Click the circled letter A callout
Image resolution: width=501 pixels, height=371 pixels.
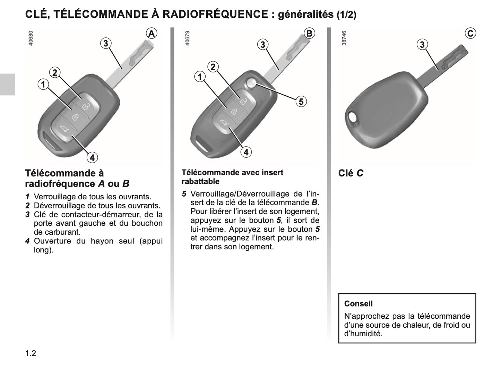[x=151, y=33]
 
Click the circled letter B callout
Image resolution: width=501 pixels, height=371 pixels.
[x=309, y=33]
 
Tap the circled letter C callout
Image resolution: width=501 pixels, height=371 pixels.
[x=470, y=33]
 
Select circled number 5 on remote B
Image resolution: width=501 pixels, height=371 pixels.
[x=301, y=102]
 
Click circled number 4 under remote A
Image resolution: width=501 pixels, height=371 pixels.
[x=92, y=158]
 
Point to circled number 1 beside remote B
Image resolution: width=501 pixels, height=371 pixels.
[x=200, y=77]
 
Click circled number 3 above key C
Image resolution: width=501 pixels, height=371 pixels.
[x=422, y=45]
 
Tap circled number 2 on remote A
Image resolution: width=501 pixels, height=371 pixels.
[x=55, y=73]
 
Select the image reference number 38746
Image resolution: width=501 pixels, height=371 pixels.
[x=344, y=38]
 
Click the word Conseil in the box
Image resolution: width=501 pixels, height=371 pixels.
[x=358, y=304]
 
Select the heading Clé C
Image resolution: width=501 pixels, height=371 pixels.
[x=351, y=173]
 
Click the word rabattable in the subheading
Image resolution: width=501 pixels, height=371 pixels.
[x=200, y=181]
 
